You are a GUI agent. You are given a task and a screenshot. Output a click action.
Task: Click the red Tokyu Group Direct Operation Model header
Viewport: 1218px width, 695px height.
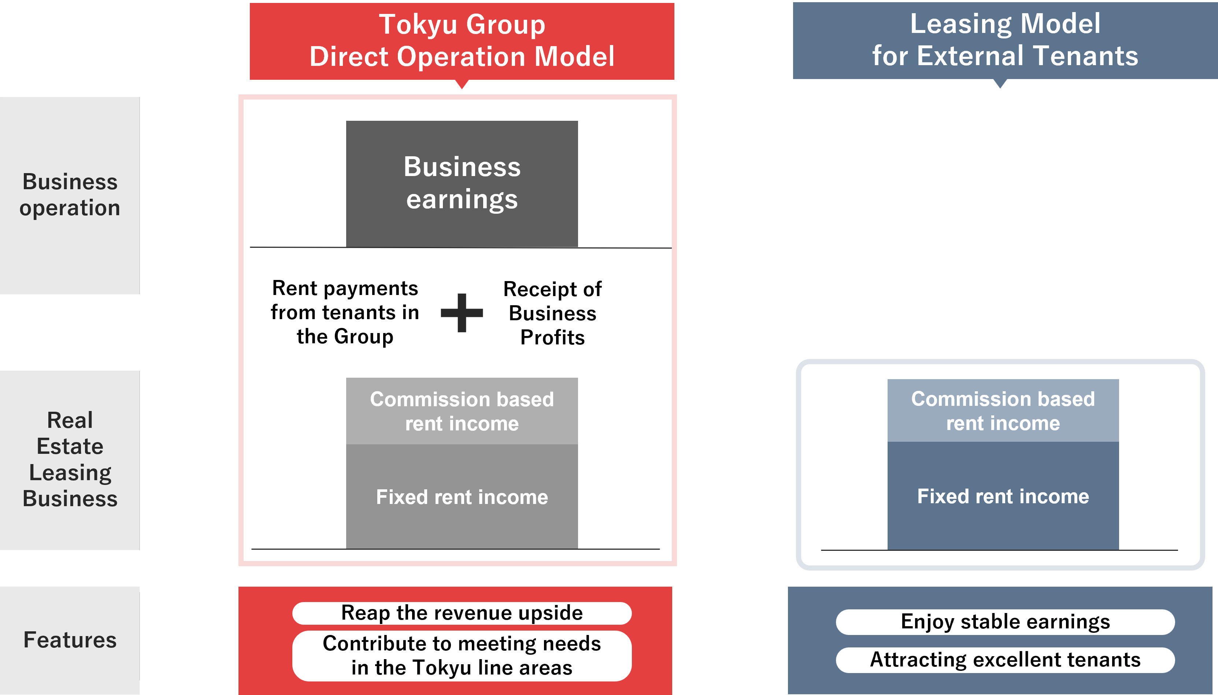click(462, 41)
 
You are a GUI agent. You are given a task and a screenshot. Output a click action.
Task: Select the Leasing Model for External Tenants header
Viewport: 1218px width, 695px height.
click(1005, 40)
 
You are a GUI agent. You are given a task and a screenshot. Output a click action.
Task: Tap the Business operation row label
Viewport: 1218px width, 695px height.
click(70, 195)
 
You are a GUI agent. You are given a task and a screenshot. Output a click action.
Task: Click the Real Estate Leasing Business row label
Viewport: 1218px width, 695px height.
click(70, 460)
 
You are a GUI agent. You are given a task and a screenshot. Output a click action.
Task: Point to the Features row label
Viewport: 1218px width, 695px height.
click(70, 640)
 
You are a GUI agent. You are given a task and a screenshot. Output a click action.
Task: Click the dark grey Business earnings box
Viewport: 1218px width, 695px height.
click(462, 183)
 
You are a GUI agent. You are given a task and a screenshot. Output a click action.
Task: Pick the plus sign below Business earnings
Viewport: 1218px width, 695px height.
click(462, 313)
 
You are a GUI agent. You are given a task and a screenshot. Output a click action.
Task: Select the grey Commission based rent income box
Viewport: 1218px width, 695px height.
click(462, 411)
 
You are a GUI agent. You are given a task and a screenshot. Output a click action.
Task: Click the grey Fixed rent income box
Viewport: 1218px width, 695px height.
click(462, 496)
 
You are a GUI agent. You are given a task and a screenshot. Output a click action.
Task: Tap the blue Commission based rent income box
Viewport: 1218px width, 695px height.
click(1003, 411)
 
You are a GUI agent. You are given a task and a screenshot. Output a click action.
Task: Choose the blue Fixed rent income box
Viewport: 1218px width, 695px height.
click(1003, 496)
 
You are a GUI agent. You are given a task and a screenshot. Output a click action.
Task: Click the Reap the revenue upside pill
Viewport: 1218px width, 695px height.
click(462, 613)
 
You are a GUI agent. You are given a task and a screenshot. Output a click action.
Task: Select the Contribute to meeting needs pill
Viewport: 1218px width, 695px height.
click(462, 655)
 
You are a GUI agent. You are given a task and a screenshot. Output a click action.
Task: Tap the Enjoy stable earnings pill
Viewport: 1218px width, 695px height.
click(1005, 621)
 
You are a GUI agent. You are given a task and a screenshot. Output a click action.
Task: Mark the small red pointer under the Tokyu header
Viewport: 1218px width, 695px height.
click(462, 84)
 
